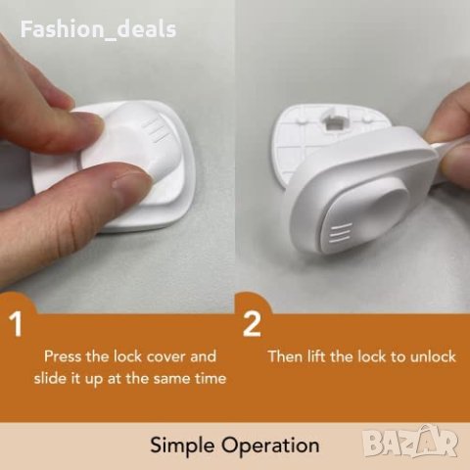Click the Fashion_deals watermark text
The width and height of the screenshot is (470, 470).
[x=98, y=30]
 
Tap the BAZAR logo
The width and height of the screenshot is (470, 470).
[x=411, y=442]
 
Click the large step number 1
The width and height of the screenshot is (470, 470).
[x=16, y=324]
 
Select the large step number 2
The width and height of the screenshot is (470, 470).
[x=252, y=324]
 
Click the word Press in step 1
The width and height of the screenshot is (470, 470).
[x=63, y=356]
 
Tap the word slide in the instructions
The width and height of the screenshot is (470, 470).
[x=48, y=379]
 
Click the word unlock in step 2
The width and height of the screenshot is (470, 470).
[x=433, y=356]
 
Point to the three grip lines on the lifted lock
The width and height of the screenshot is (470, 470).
[x=341, y=234]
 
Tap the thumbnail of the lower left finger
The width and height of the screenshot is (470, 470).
[x=127, y=178]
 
